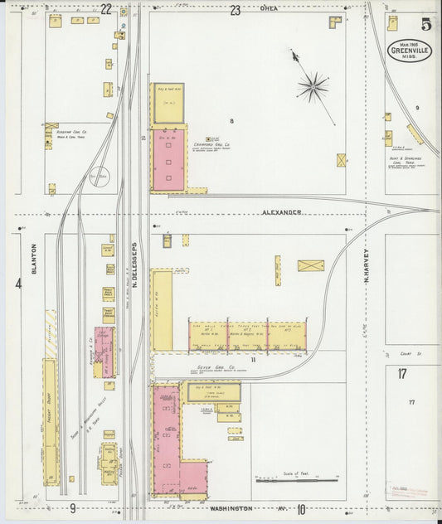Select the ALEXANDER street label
tap(282, 212)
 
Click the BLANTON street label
tap(35, 258)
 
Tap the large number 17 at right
tap(402, 374)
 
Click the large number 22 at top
tap(106, 9)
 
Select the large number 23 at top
tap(236, 10)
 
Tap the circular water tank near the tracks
tap(100, 177)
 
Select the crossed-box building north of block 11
tap(311, 265)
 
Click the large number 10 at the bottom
tap(301, 508)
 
